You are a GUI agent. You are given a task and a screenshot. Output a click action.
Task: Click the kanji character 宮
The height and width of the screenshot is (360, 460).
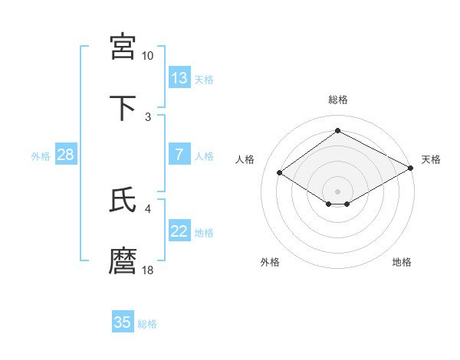click(x=123, y=46)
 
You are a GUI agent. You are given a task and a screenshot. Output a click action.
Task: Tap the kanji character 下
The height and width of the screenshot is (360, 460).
click(x=123, y=106)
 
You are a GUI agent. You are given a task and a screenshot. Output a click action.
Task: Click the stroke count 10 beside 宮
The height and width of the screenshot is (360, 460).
click(x=147, y=56)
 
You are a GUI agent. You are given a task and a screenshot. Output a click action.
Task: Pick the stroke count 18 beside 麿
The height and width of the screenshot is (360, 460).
click(x=147, y=270)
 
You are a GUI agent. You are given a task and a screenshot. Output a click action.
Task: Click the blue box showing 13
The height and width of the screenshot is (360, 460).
click(x=179, y=78)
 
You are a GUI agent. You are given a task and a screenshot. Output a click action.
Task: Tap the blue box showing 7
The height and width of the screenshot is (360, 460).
click(x=179, y=155)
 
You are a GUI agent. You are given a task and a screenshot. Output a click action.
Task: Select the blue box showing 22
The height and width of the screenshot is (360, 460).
click(x=179, y=231)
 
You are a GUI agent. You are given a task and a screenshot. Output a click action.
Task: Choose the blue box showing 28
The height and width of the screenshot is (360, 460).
click(x=66, y=155)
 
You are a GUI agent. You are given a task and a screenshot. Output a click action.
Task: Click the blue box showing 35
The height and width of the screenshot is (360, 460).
click(x=123, y=322)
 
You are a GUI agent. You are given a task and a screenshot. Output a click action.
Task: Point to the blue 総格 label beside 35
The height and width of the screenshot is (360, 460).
click(x=147, y=324)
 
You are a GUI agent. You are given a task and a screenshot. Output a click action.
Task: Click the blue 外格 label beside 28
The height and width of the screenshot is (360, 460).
click(x=41, y=156)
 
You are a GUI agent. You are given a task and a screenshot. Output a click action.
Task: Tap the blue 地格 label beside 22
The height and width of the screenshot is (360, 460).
click(x=204, y=233)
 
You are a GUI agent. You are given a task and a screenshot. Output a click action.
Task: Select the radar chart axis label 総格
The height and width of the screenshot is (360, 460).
click(x=337, y=100)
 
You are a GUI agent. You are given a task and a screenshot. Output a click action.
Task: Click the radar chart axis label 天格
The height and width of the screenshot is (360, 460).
click(x=431, y=159)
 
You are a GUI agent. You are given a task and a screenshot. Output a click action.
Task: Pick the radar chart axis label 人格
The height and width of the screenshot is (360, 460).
click(x=245, y=159)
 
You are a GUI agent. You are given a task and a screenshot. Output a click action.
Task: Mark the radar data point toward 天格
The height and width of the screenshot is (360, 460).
click(x=412, y=169)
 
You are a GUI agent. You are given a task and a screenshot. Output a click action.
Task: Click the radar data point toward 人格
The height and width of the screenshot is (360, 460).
click(x=280, y=173)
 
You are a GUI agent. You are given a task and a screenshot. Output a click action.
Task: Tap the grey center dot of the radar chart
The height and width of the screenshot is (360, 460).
click(x=337, y=191)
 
